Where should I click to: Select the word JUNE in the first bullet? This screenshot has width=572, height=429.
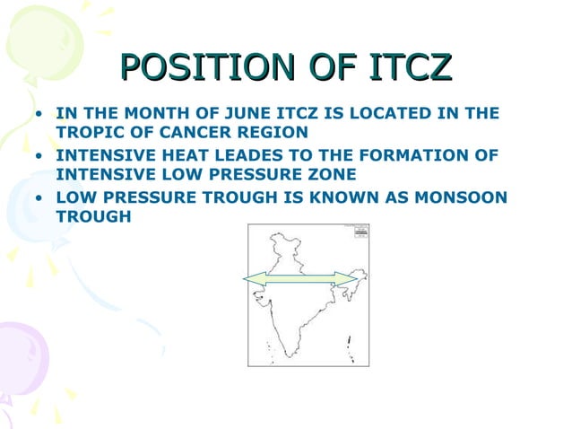point(255,114)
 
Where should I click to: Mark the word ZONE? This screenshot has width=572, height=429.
point(334,173)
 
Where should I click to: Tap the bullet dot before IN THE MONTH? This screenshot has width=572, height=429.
point(39,115)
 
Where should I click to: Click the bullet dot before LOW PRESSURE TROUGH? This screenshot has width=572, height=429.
point(39,197)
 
